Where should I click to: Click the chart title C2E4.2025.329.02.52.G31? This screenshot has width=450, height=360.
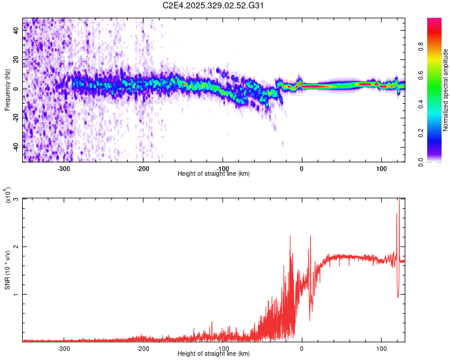tap(213, 5)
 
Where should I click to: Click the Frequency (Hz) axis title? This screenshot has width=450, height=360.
tap(7, 90)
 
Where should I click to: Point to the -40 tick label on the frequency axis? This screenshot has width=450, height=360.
tap(16, 146)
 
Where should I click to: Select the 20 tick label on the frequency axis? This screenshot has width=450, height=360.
tap(16, 60)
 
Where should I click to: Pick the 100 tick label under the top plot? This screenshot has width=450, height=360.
tap(381, 168)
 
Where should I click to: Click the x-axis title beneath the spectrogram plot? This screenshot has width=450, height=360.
tap(214, 174)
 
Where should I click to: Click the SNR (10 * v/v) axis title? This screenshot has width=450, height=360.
tap(7, 270)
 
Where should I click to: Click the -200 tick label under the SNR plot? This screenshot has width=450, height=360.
tap(143, 348)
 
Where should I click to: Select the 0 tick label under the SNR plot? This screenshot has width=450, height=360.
tap(302, 348)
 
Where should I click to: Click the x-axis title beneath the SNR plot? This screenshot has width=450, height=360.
tap(214, 354)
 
